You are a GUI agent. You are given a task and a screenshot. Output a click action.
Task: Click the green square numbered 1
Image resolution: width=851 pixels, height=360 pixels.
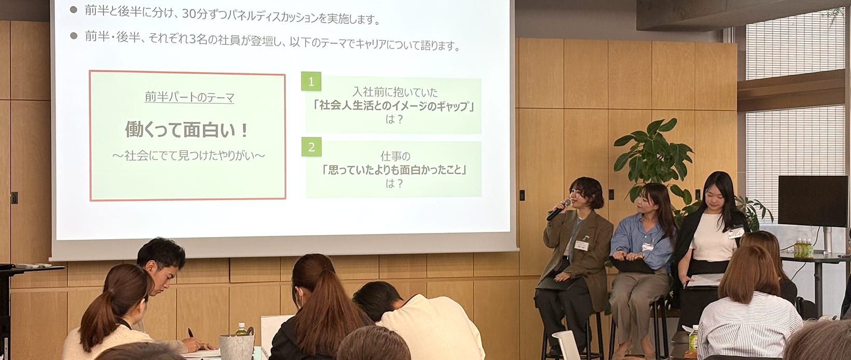(x=311, y=81)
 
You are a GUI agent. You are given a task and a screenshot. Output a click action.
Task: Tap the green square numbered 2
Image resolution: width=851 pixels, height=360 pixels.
(x=311, y=147)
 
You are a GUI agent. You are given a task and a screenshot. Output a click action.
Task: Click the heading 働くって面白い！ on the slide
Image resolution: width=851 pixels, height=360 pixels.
(x=187, y=130)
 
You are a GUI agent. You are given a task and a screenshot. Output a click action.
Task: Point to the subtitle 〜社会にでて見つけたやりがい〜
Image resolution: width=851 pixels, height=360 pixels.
(x=188, y=156)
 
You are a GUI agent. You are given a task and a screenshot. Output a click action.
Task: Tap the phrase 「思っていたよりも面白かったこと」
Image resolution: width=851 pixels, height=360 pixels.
(x=394, y=170)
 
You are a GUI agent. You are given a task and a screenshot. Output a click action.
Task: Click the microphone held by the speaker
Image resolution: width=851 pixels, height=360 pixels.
(x=558, y=210)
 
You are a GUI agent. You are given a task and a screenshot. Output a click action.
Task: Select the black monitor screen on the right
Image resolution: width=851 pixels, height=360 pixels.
(x=807, y=201)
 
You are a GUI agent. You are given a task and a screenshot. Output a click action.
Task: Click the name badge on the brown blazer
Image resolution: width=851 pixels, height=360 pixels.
(x=581, y=245)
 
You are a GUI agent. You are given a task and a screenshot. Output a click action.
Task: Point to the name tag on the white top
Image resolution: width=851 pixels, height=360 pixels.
(x=735, y=232)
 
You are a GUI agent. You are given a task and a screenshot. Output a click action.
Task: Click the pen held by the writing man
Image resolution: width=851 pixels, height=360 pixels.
(x=190, y=334)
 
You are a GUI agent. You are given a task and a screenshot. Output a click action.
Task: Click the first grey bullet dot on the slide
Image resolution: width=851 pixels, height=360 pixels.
(x=74, y=10)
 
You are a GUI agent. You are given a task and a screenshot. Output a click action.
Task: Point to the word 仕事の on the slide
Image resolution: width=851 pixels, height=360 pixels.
(x=395, y=156)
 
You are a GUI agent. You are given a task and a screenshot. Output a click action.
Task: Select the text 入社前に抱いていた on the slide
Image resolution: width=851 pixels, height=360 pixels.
(x=395, y=92)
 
